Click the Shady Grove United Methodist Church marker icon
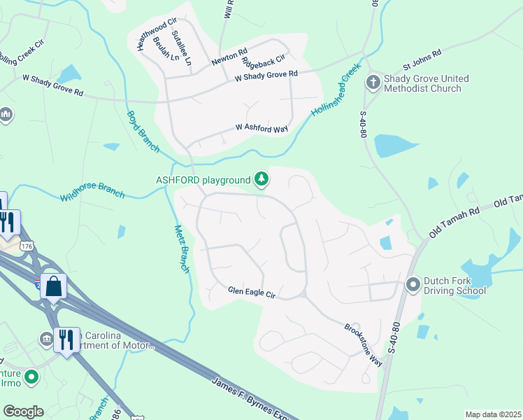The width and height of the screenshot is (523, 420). (x=373, y=83)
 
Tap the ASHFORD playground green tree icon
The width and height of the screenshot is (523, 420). (x=261, y=180)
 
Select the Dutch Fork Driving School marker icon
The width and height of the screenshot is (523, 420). (x=413, y=284)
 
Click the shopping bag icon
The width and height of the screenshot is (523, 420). (x=53, y=286)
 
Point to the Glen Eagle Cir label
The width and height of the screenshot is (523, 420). (x=252, y=292)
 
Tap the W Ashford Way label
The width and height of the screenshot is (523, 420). (x=261, y=128)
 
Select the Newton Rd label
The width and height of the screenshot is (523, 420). (x=229, y=57)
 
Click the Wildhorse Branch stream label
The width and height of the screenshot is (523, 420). (x=92, y=188)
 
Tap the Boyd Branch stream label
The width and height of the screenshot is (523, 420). (x=143, y=130)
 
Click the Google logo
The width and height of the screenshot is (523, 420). (x=23, y=412)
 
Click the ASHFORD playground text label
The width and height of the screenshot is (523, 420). (x=203, y=180)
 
